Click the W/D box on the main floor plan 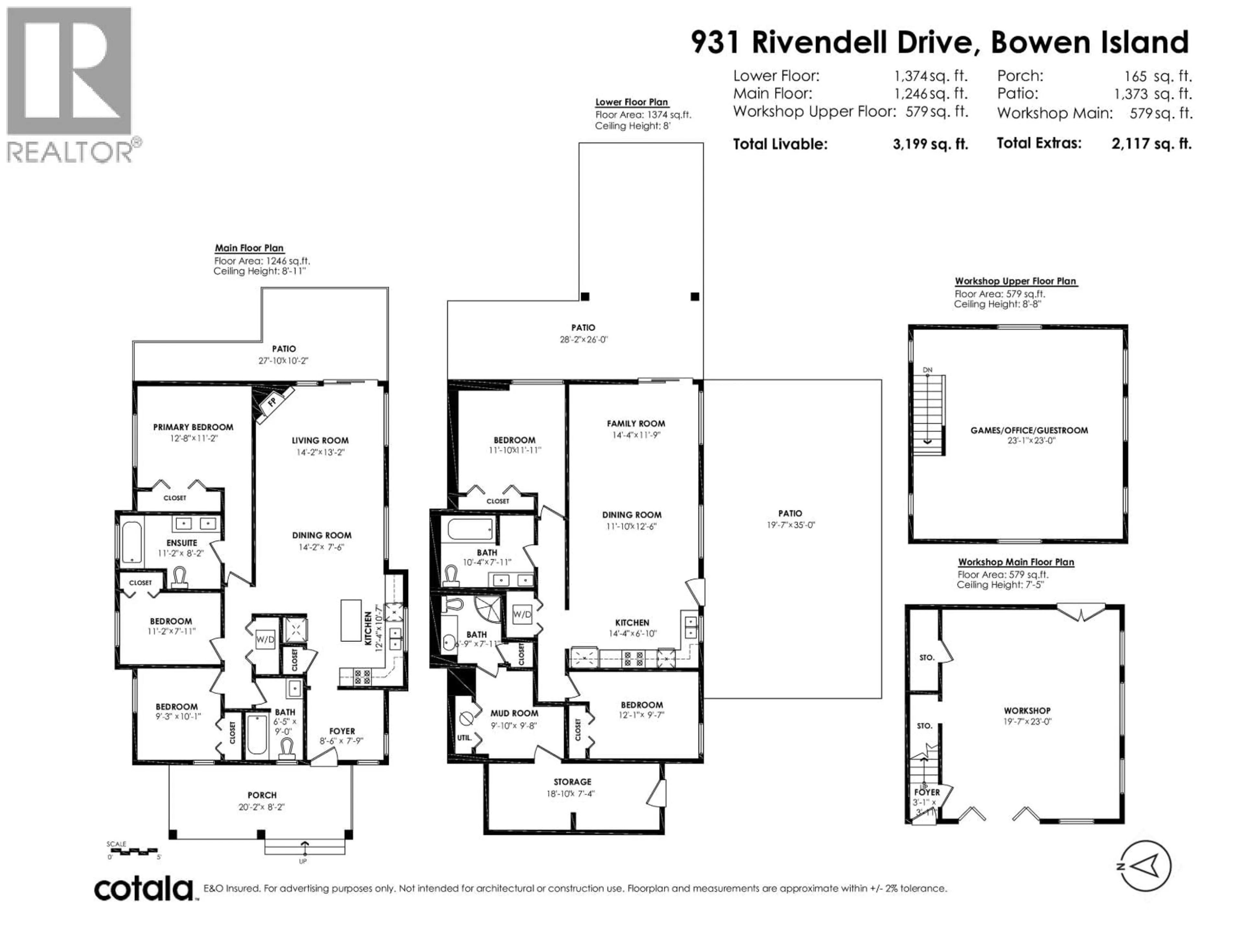click(265, 639)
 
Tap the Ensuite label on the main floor click(182, 543)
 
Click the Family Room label click(636, 423)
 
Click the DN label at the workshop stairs click(927, 370)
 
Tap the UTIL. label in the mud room click(464, 737)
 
